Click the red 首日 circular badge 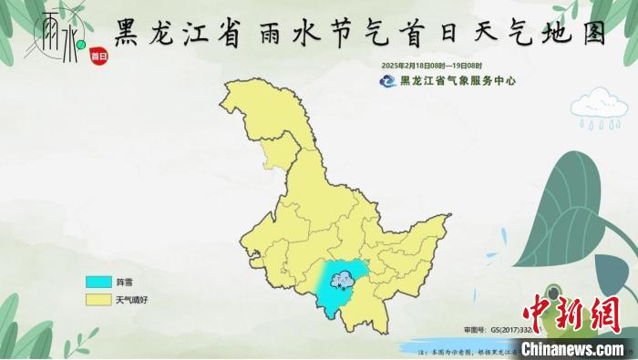pos(98,56)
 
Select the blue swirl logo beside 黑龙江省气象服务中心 pos(389,81)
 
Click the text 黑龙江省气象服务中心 pos(458,81)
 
